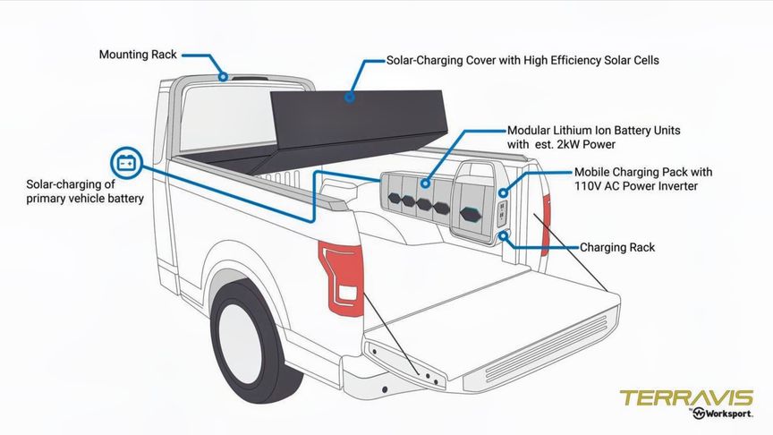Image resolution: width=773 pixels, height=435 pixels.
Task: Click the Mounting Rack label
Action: coord(139,55)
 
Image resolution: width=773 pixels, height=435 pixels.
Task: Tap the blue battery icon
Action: coord(125,163)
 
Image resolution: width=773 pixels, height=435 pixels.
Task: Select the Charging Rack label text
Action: coord(617,247)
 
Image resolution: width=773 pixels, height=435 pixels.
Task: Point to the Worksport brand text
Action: coord(726,414)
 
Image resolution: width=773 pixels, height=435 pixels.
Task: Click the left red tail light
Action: coord(343,275)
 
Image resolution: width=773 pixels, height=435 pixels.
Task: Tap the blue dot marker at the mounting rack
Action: coord(223,76)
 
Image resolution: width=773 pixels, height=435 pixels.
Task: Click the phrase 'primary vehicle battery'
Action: coord(85,199)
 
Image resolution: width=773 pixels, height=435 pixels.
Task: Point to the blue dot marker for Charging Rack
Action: coord(505,236)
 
